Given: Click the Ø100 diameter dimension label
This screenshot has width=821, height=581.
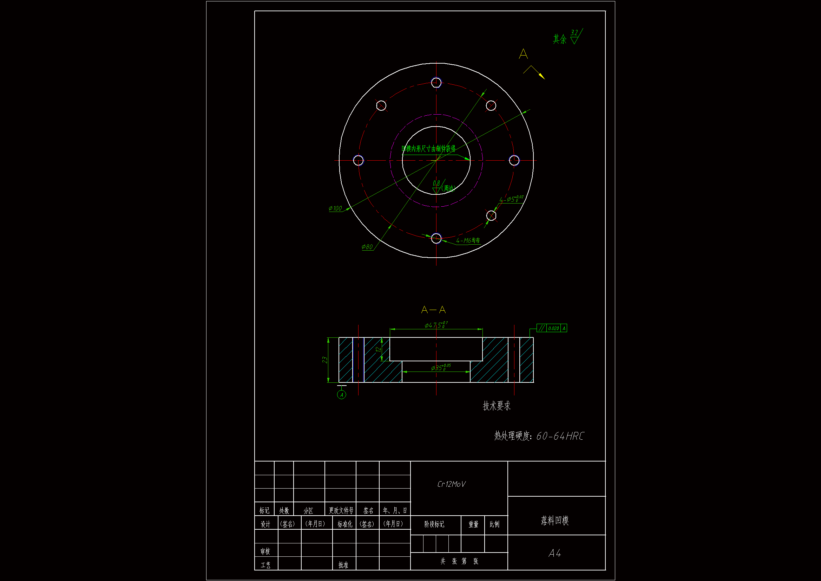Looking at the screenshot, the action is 335,208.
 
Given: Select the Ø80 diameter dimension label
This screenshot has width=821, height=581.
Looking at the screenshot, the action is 367,247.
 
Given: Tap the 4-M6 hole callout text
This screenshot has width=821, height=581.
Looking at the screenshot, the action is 468,240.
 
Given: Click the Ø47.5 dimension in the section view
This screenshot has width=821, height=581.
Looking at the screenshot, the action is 435,325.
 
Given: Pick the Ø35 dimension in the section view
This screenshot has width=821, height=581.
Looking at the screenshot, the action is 441,368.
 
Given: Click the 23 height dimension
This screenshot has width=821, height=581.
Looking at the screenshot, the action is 325,360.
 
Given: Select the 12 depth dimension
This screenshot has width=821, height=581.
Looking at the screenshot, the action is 378,349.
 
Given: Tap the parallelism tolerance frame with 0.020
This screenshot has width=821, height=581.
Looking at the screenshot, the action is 551,328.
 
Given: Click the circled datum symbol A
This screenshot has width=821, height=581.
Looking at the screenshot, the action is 341,395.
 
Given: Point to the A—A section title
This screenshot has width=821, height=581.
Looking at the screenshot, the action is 433,310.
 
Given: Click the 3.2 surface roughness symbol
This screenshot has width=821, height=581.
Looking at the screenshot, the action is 575,37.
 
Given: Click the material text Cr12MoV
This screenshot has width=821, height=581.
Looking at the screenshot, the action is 451,484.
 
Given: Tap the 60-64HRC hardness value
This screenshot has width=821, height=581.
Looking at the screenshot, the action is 560,436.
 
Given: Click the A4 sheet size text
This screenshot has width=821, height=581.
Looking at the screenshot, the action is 554,553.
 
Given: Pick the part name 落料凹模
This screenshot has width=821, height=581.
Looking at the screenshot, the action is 554,520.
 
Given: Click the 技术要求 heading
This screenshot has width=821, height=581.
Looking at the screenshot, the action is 497,406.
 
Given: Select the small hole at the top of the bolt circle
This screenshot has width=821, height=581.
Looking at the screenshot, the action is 436,82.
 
